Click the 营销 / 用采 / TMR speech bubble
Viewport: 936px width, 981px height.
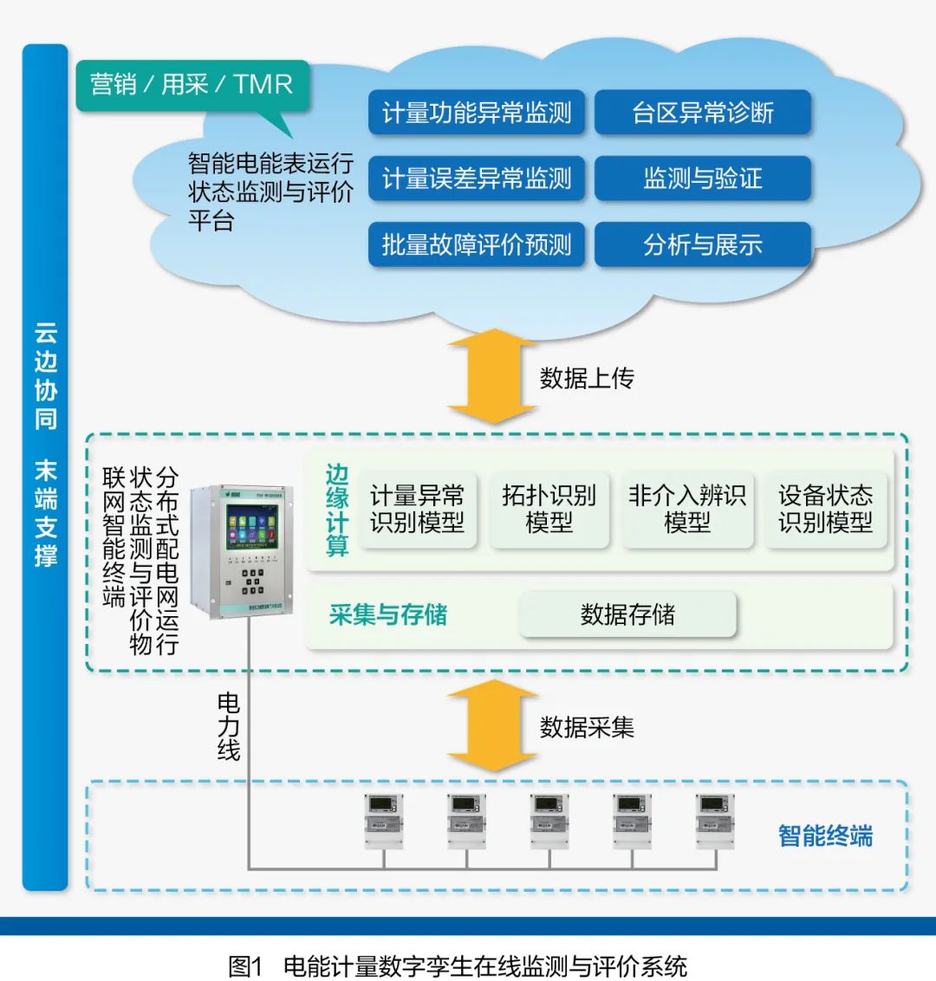pyautogui.click(x=192, y=85)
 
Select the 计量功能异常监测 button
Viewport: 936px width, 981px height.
pyautogui.click(x=477, y=113)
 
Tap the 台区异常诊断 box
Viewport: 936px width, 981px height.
pyautogui.click(x=702, y=113)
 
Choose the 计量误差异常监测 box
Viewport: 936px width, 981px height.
pyautogui.click(x=477, y=179)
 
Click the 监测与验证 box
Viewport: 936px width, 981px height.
pyautogui.click(x=702, y=179)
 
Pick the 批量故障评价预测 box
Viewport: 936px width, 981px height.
pyautogui.click(x=477, y=244)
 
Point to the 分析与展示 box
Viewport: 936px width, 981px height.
pyautogui.click(x=702, y=244)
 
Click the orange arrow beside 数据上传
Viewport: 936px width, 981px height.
pyautogui.click(x=491, y=376)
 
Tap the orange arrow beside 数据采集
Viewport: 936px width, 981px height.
pyautogui.click(x=491, y=725)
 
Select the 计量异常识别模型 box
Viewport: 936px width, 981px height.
pyautogui.click(x=417, y=510)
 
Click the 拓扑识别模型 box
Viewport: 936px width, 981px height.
pyautogui.click(x=549, y=510)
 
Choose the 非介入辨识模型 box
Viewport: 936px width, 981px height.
pyautogui.click(x=686, y=510)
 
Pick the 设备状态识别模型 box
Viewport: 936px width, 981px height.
pyautogui.click(x=825, y=510)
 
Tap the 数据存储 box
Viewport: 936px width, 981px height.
pyautogui.click(x=627, y=615)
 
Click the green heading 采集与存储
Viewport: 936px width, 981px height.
pyautogui.click(x=388, y=615)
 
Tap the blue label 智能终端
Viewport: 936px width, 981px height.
pyautogui.click(x=825, y=836)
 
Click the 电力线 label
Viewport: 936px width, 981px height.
pyautogui.click(x=228, y=726)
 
